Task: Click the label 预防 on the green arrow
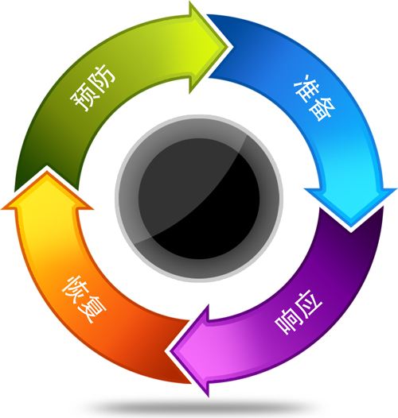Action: pos(92,87)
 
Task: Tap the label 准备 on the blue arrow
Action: pos(315,98)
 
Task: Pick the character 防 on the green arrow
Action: pos(103,76)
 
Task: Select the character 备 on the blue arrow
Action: pos(324,110)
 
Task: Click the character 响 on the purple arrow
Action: pos(287,323)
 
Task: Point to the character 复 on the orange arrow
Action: pos(94,310)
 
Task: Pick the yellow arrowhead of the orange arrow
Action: pos(47,190)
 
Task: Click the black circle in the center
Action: pos(199,199)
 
